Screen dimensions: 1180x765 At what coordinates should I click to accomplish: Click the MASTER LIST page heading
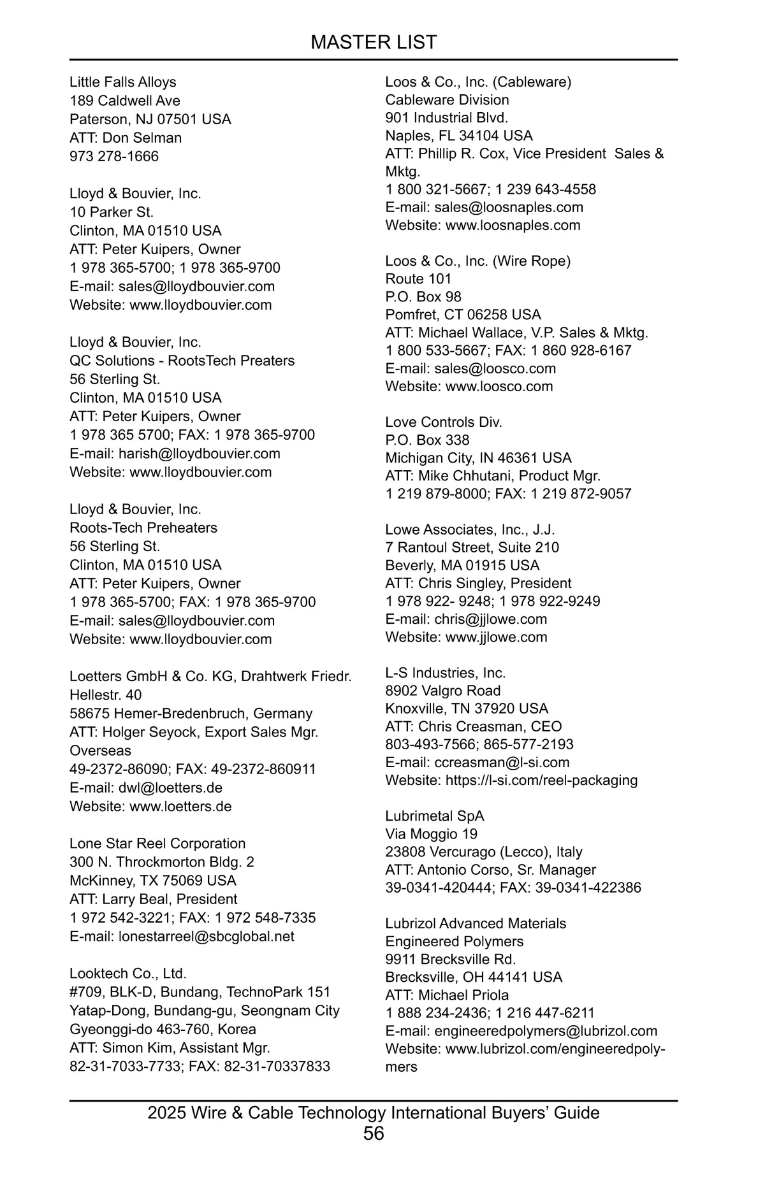[374, 42]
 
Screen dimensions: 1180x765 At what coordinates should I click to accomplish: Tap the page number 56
[374, 1133]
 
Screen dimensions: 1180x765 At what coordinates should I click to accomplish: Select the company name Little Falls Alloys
[123, 82]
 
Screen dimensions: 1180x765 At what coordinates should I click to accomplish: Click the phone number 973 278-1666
[114, 156]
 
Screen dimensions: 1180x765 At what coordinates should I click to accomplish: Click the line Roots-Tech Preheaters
[143, 528]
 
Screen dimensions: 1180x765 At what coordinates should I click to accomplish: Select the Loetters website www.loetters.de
[180, 806]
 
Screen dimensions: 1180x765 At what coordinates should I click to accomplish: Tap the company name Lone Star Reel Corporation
[157, 844]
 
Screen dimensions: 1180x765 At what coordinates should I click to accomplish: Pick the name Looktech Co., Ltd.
[128, 974]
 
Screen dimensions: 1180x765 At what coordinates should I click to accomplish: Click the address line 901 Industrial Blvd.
[447, 118]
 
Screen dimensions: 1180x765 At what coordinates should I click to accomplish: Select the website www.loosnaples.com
[513, 225]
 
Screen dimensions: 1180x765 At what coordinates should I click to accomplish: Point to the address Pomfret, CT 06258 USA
[463, 315]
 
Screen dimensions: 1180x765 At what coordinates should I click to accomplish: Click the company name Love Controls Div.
[444, 422]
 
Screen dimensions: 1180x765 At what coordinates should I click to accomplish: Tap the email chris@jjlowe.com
[490, 619]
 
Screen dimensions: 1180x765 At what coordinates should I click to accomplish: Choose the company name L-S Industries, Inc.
[446, 673]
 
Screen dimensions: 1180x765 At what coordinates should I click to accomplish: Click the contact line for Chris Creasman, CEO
[474, 726]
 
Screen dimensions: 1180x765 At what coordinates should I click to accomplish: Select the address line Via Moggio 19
[431, 834]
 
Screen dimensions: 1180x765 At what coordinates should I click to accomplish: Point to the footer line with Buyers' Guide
[374, 1112]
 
